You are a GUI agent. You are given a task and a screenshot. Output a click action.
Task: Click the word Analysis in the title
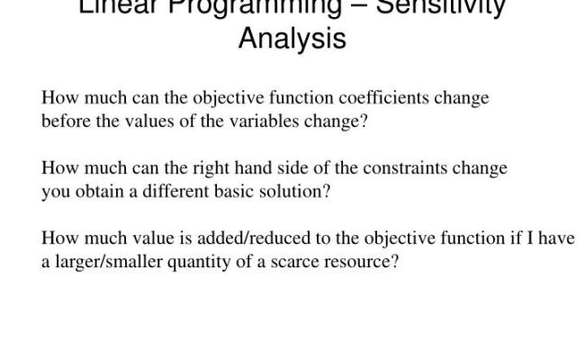[x=292, y=40]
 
